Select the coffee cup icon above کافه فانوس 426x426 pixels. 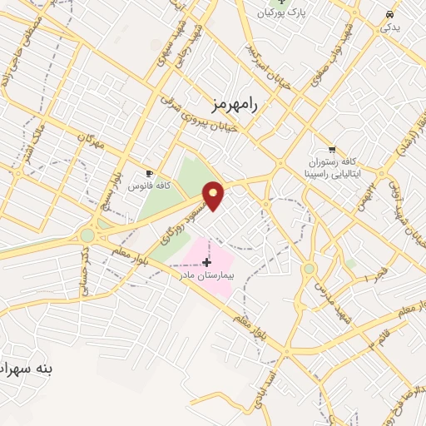click(x=150, y=173)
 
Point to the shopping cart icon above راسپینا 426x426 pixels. click(x=333, y=151)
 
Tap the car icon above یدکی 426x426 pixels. click(x=389, y=14)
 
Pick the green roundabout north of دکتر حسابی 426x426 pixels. click(x=87, y=235)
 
